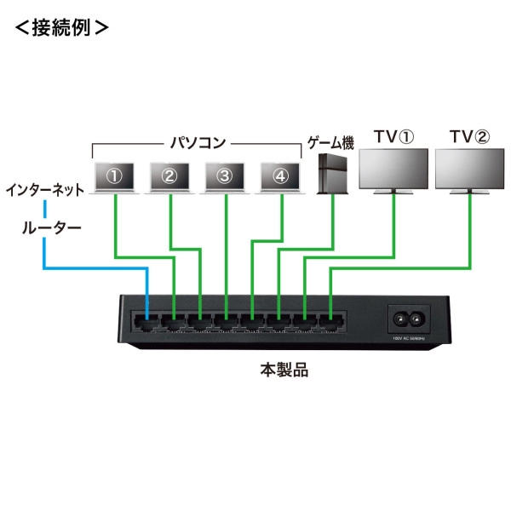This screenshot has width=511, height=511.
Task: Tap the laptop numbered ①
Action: (115, 176)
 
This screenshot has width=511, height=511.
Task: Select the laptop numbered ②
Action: (169, 176)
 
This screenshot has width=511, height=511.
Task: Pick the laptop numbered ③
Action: (224, 176)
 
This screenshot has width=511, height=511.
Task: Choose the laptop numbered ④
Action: (280, 176)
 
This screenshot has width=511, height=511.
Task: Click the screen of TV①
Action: (394, 169)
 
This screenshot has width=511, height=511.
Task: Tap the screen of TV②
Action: (469, 169)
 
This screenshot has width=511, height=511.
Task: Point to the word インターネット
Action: (44, 189)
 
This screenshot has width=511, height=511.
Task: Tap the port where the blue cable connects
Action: (147, 322)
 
